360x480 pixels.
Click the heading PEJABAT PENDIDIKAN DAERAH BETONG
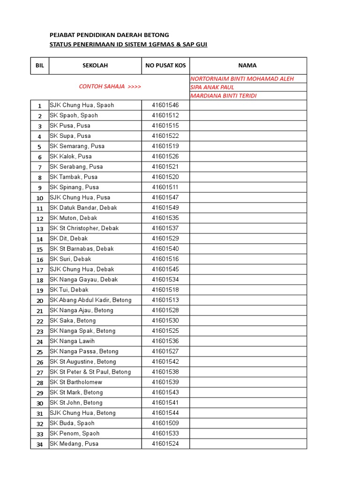(109, 35)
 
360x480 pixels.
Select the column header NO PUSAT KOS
(165, 66)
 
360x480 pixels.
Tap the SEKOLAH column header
(95, 66)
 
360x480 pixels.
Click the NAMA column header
(247, 66)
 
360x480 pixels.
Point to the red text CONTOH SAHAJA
(110, 87)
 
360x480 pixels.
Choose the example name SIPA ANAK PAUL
(212, 87)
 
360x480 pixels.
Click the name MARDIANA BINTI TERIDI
(223, 96)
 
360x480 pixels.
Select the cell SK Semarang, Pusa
(77, 146)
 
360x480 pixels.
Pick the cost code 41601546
(165, 105)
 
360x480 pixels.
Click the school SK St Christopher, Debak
(84, 228)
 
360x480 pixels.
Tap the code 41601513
(165, 300)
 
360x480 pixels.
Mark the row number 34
(40, 444)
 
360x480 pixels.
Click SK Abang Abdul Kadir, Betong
(90, 300)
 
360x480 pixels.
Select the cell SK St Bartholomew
(76, 382)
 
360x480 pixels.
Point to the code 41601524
(165, 444)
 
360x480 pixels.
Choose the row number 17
(40, 270)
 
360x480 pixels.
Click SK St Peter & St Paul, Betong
(90, 372)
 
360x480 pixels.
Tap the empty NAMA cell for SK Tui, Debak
(248, 290)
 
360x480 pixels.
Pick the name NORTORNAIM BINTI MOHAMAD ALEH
(242, 79)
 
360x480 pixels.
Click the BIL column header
(40, 66)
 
